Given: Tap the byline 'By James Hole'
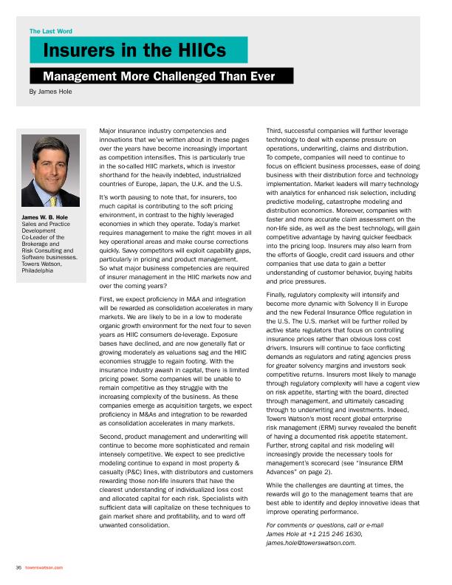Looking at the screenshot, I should click(x=50, y=92).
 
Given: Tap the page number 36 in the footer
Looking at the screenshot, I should click(x=18, y=567).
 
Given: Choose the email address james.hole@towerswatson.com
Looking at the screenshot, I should click(x=311, y=542).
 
